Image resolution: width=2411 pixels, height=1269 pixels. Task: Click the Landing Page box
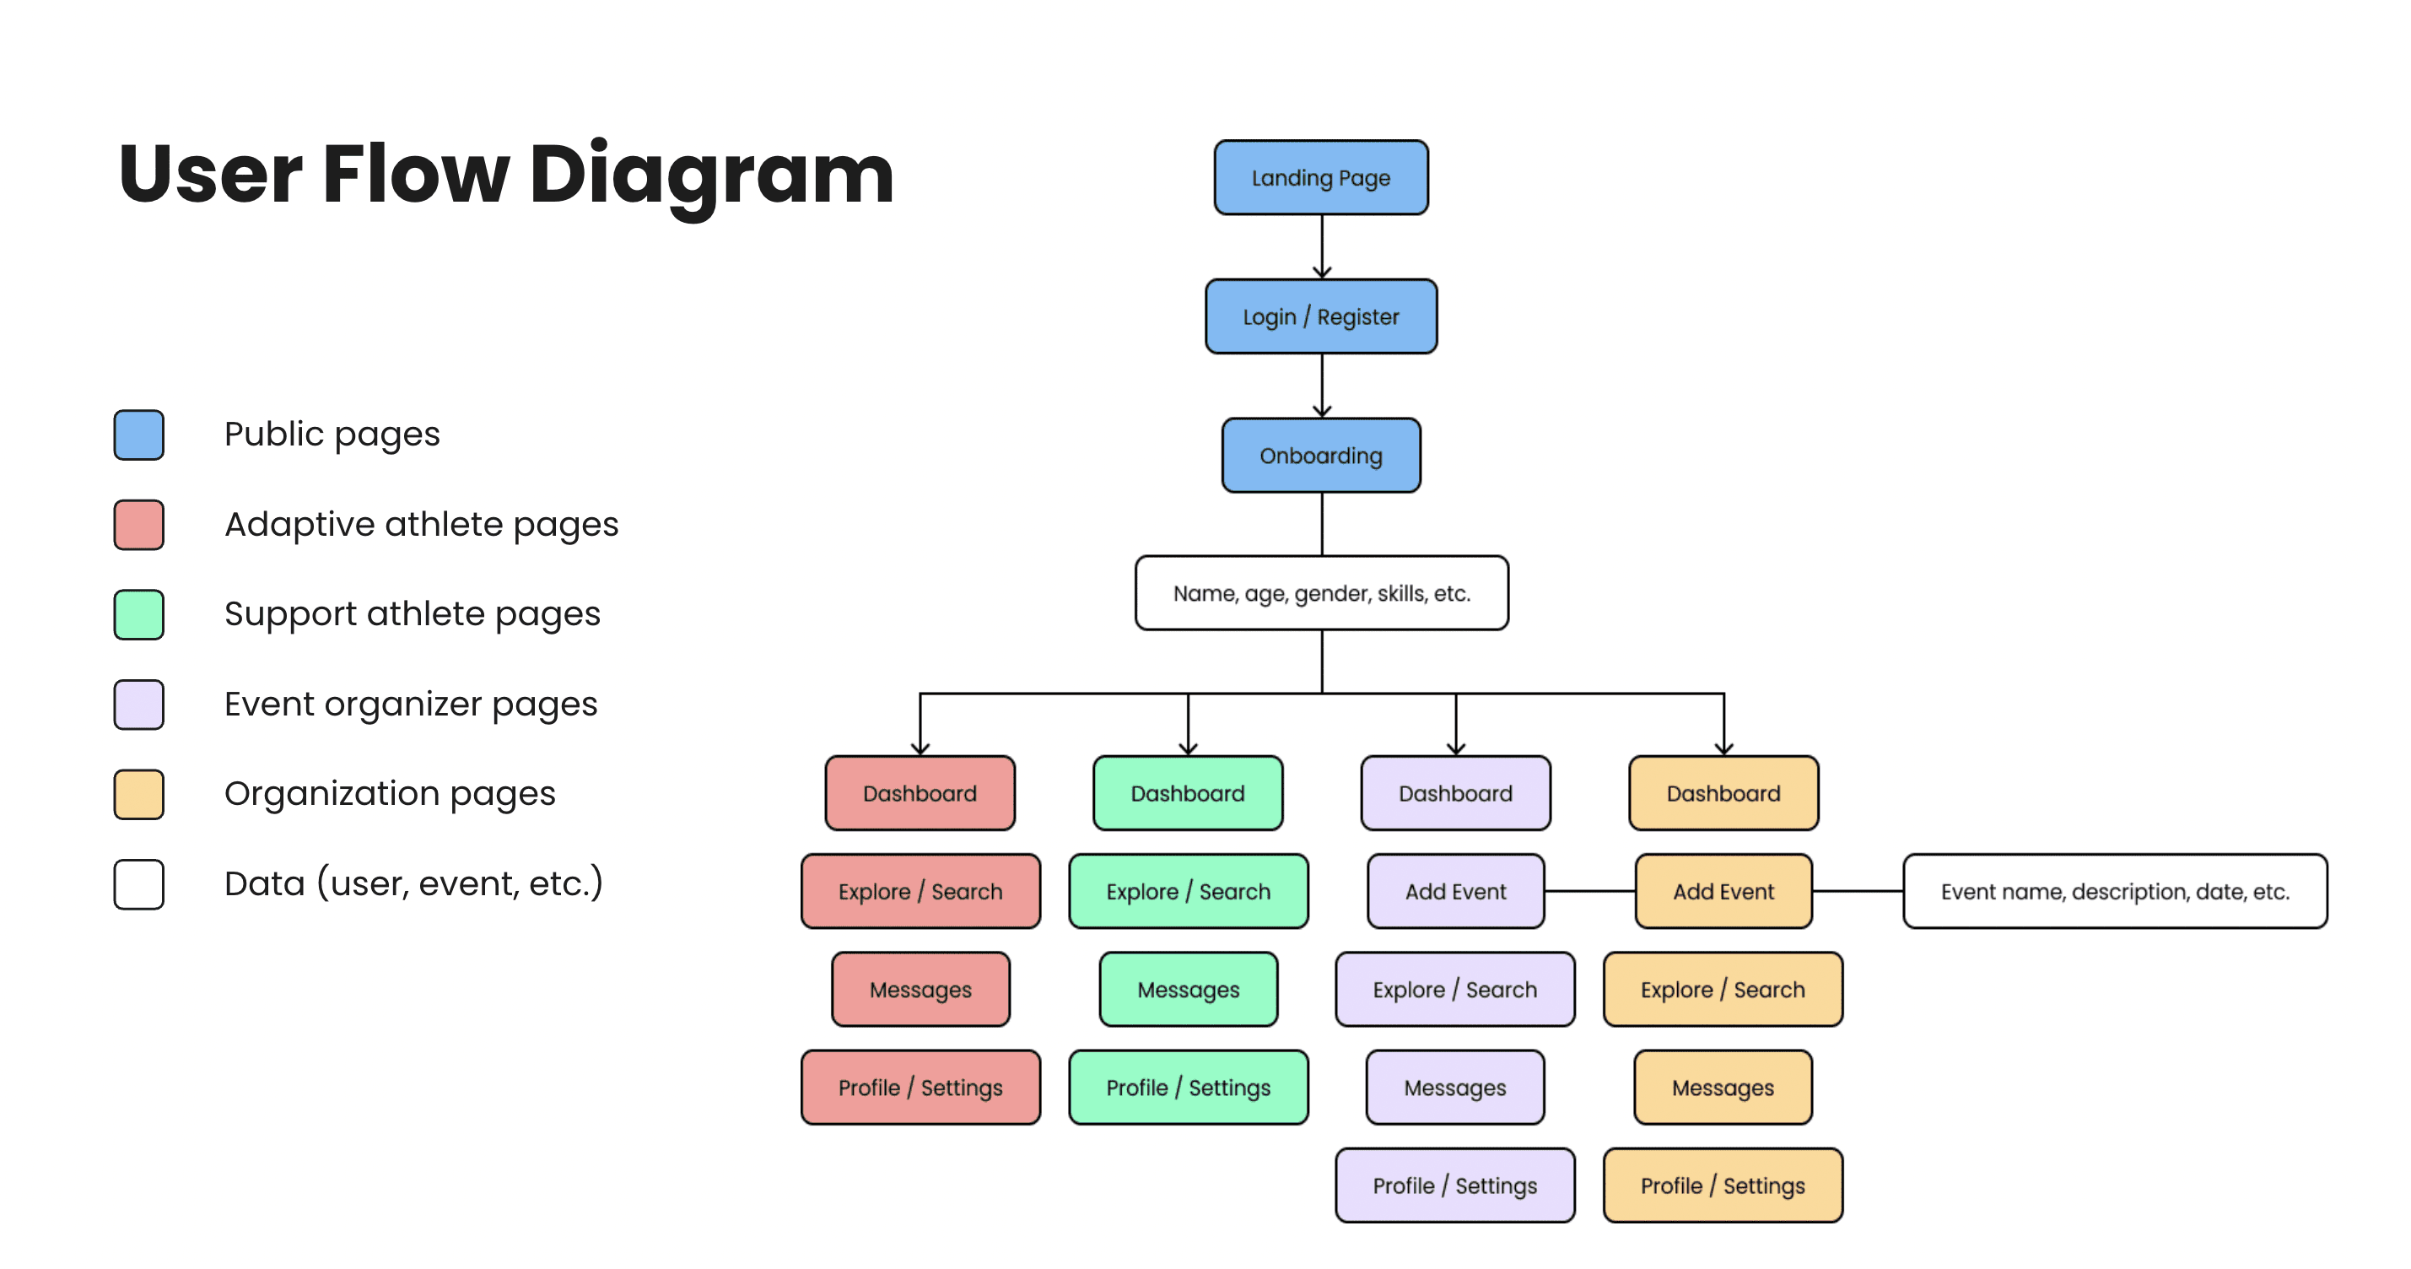coord(1320,178)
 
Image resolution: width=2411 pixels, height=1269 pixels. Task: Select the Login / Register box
coord(1320,316)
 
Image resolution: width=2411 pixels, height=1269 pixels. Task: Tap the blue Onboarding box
coord(1320,456)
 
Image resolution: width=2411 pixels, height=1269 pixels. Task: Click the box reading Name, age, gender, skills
coord(1320,593)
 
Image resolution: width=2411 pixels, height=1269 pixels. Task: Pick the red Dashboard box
coord(920,794)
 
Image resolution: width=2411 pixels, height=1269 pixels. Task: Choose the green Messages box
coord(1188,989)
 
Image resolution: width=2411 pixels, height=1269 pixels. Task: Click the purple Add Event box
coord(1455,892)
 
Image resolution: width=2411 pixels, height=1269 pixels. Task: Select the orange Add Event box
coord(1723,892)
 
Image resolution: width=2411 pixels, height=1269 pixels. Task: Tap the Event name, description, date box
coord(2114,892)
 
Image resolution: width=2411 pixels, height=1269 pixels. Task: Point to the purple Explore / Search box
coord(1454,989)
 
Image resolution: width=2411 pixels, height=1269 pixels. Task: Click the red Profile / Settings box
coord(920,1088)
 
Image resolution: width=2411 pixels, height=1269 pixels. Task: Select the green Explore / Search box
coord(1188,892)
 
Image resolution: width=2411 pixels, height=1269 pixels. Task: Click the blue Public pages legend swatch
coord(138,435)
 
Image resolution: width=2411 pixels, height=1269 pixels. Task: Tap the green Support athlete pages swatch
coord(138,615)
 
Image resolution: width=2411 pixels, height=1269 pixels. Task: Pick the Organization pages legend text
coord(390,794)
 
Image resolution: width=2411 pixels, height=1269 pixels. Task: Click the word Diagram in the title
coord(711,174)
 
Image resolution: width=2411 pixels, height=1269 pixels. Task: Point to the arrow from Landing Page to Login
coord(1322,246)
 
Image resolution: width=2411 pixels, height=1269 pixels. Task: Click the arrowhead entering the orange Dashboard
coord(1724,748)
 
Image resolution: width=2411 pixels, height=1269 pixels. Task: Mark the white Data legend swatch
coord(138,884)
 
